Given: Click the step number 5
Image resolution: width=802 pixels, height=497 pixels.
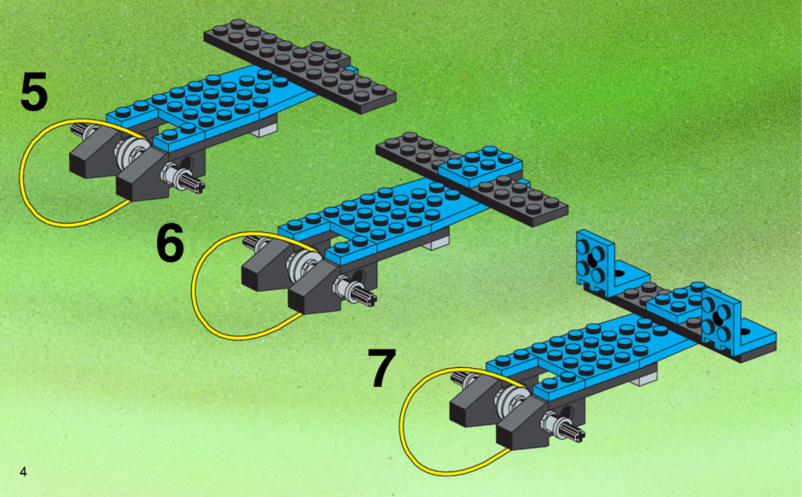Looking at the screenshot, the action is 34,91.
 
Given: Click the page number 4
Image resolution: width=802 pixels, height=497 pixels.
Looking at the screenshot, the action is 23,471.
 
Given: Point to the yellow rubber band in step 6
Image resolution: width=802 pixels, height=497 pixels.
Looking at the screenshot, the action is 194,292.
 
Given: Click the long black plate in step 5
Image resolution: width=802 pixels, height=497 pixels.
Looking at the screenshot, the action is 299,66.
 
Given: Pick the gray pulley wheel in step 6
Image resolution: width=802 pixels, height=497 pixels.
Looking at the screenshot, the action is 303,265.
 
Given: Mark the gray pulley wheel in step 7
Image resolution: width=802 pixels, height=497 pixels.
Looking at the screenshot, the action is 509,400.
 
